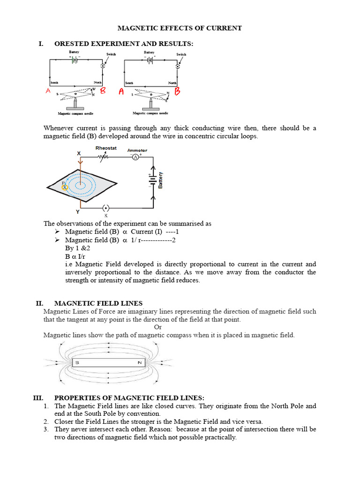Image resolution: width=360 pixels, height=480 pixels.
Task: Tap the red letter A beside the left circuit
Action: (48, 91)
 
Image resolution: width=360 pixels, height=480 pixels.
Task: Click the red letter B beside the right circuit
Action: (177, 91)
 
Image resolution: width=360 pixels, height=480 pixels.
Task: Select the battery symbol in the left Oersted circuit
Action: (74, 60)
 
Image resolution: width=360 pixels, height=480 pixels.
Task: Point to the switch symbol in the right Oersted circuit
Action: (177, 67)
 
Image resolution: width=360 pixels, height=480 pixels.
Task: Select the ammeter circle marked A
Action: (135, 158)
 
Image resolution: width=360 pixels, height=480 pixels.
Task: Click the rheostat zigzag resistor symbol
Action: (104, 158)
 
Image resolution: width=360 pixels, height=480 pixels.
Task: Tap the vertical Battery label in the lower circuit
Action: (161, 180)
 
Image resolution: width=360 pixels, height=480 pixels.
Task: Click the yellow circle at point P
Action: (65, 187)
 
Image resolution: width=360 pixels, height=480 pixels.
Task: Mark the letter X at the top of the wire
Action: (79, 153)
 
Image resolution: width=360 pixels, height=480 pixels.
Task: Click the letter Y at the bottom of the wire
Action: (78, 211)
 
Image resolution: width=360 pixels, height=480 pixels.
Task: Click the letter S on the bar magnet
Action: (77, 363)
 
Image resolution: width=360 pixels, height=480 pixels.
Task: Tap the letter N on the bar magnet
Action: (139, 363)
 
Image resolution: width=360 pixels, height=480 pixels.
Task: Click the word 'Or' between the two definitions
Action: (158, 327)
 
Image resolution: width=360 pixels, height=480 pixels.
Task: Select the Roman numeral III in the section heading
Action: (38, 397)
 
